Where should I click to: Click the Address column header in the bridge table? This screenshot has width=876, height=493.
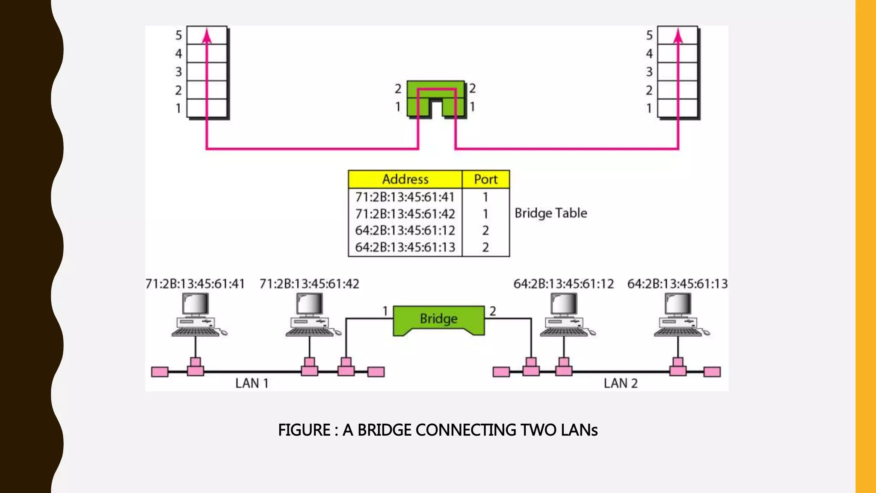[x=405, y=179]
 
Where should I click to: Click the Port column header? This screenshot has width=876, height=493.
[x=485, y=179]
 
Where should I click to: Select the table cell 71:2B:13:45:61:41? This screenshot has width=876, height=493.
[x=405, y=197]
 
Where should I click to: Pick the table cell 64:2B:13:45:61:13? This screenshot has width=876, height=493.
[x=405, y=247]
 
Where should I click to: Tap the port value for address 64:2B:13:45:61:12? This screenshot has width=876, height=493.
[x=485, y=231]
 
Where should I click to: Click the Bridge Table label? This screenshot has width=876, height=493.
[x=550, y=213]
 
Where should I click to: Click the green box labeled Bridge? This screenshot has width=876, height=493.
[x=438, y=319]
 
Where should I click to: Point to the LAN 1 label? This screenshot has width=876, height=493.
[x=252, y=383]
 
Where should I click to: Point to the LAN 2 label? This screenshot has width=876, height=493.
[x=621, y=383]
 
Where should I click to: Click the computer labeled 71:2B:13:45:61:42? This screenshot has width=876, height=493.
[x=310, y=315]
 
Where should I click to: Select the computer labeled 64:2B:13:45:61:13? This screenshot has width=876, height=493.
[x=678, y=315]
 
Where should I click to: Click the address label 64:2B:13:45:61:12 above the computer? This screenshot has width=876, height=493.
[x=563, y=284]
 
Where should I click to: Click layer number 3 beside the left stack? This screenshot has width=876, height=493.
[x=179, y=72]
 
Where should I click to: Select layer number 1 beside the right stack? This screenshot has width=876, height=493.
[x=649, y=109]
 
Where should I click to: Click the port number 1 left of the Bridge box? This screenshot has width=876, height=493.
[x=385, y=311]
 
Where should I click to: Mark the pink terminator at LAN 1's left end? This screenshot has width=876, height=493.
[x=160, y=372]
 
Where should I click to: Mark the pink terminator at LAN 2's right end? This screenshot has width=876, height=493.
[x=712, y=372]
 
